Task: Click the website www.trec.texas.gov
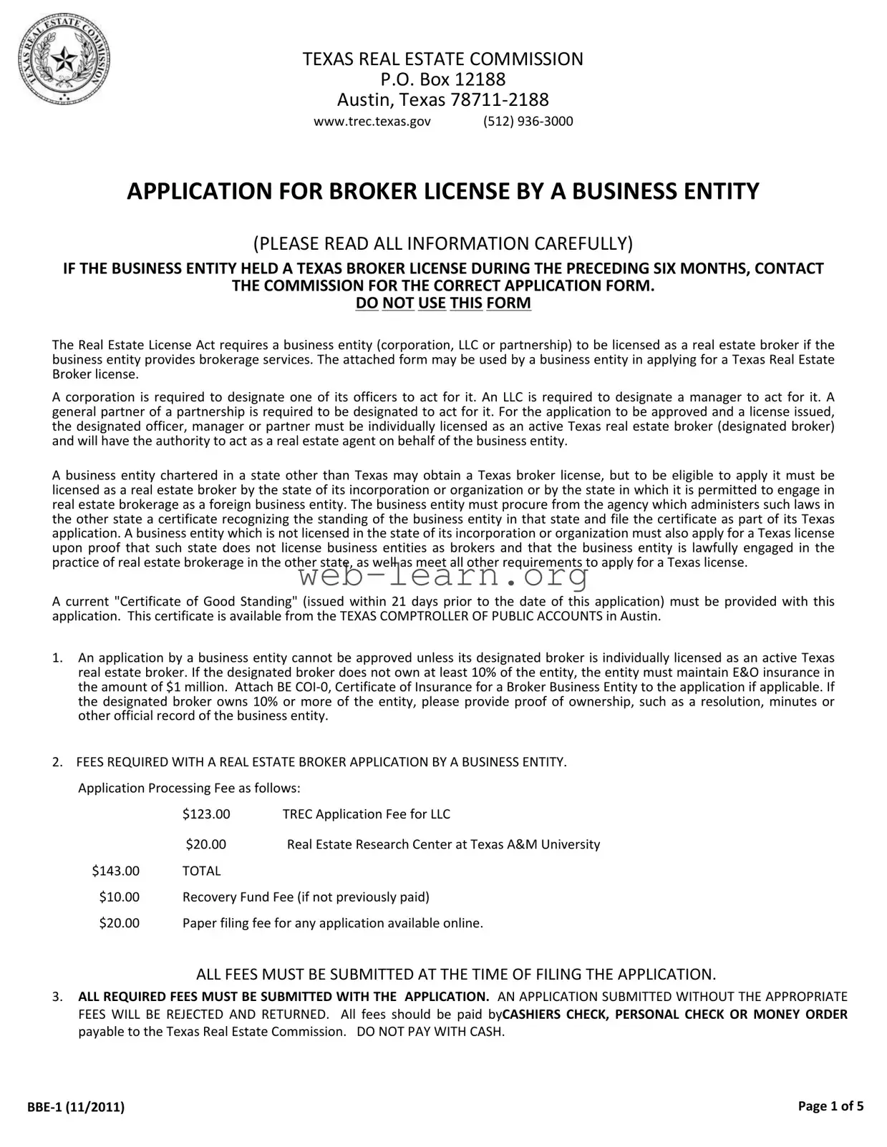click(x=372, y=121)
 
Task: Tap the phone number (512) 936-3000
click(x=528, y=121)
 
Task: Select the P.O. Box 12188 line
click(x=442, y=79)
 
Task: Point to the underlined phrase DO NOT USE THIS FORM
click(x=443, y=303)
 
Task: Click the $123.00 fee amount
click(x=206, y=814)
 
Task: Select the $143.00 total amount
click(x=116, y=871)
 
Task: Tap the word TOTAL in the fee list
click(x=201, y=871)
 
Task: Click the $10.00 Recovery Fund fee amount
click(x=120, y=897)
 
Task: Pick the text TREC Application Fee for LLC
click(x=366, y=814)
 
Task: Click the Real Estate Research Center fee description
click(x=443, y=844)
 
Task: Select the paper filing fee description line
click(x=332, y=923)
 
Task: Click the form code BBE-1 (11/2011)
click(x=76, y=1107)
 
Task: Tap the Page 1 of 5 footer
click(x=830, y=1106)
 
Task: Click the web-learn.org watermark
click(x=443, y=575)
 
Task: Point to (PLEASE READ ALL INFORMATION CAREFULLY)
click(x=443, y=243)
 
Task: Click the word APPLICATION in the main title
click(x=192, y=191)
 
